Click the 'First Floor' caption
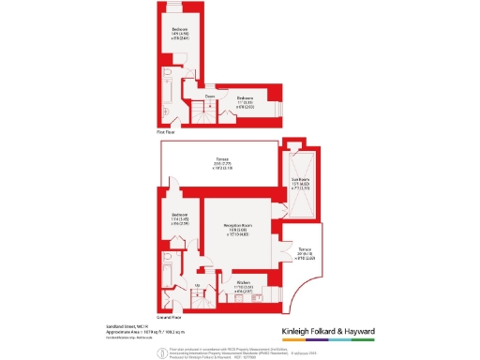[166, 132]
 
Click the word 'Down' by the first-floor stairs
[211, 96]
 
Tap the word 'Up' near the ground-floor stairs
[198, 285]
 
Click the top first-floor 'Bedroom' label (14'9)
[179, 31]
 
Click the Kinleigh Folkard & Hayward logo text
[328, 331]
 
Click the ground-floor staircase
[199, 300]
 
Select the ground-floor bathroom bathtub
[167, 276]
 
